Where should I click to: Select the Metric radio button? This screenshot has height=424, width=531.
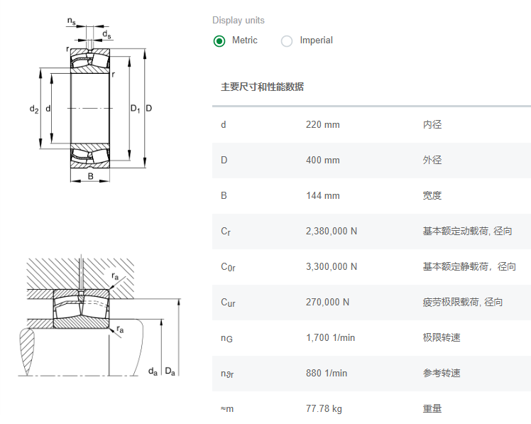pyautogui.click(x=219, y=40)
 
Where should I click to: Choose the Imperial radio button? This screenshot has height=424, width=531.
pyautogui.click(x=287, y=40)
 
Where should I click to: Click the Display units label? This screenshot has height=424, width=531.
pyautogui.click(x=239, y=21)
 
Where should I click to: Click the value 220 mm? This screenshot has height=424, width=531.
pyautogui.click(x=322, y=125)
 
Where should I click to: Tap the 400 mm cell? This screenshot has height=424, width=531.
pyautogui.click(x=322, y=161)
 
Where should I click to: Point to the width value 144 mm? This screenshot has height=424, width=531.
pyautogui.click(x=322, y=196)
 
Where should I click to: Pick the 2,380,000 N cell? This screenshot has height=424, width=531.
pyautogui.click(x=332, y=232)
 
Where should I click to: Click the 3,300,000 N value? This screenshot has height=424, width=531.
pyautogui.click(x=332, y=267)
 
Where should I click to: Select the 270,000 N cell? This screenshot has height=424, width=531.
pyautogui.click(x=327, y=303)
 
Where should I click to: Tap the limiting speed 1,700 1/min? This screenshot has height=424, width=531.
pyautogui.click(x=330, y=338)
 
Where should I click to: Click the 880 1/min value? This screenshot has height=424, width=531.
pyautogui.click(x=327, y=374)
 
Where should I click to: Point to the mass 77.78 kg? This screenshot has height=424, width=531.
pyautogui.click(x=324, y=409)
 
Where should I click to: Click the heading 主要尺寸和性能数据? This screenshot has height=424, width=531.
pyautogui.click(x=262, y=87)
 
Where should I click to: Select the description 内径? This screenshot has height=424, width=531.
pyautogui.click(x=432, y=125)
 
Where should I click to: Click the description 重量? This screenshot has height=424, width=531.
pyautogui.click(x=432, y=409)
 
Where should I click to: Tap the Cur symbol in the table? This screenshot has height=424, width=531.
pyautogui.click(x=228, y=303)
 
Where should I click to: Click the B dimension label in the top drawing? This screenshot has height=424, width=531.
pyautogui.click(x=90, y=176)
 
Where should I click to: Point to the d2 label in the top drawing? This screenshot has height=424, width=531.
pyautogui.click(x=33, y=109)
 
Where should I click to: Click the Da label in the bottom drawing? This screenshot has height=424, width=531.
pyautogui.click(x=170, y=371)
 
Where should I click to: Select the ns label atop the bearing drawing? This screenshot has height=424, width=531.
pyautogui.click(x=72, y=21)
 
